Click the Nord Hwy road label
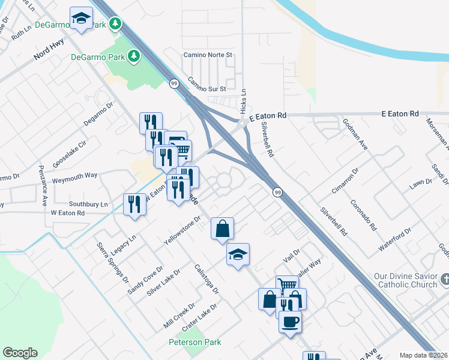click(x=49, y=58)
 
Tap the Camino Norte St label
click(x=208, y=55)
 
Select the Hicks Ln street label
click(x=243, y=103)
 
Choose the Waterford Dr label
click(x=394, y=239)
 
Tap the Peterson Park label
click(x=194, y=342)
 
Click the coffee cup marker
click(x=291, y=321)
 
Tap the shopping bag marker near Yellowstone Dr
click(x=222, y=228)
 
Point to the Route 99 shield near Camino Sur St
click(x=173, y=83)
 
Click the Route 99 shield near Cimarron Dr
click(x=277, y=192)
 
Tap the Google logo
click(x=20, y=353)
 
